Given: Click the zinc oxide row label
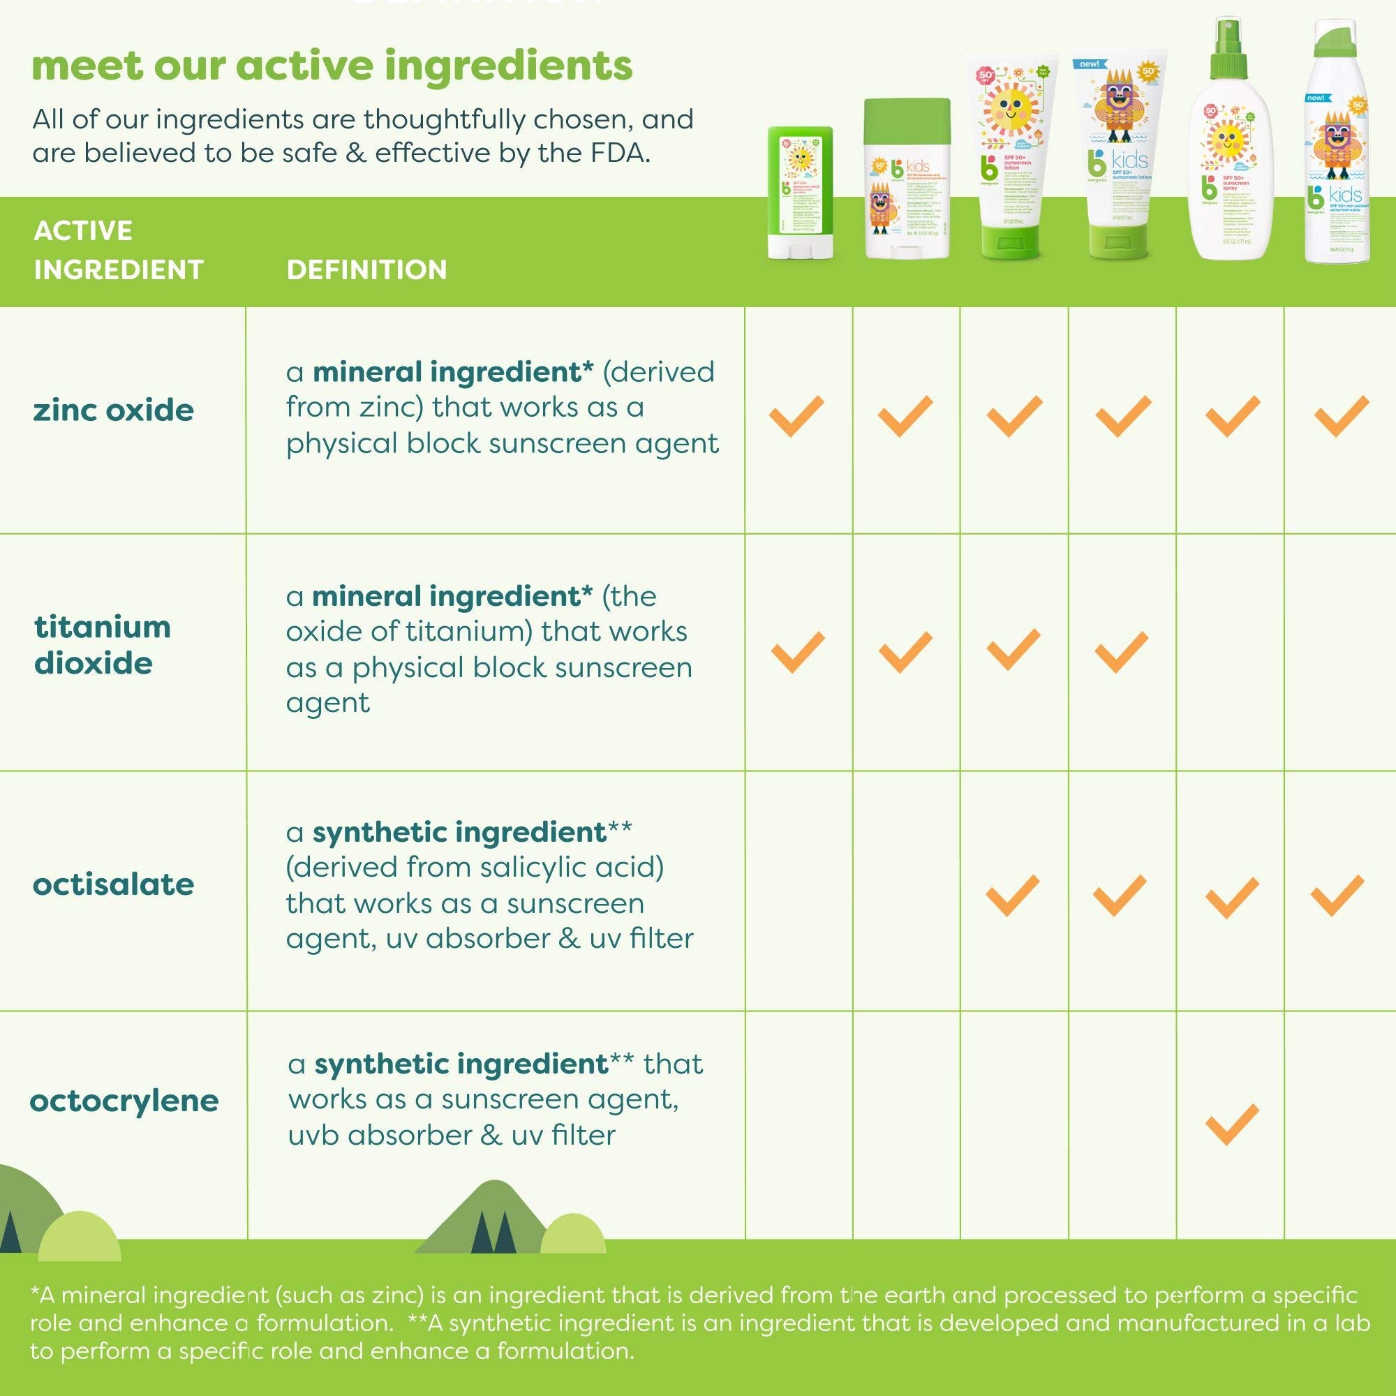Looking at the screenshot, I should (x=114, y=410).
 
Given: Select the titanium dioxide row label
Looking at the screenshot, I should (x=102, y=644).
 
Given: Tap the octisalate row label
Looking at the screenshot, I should (x=114, y=884).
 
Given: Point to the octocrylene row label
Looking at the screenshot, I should (x=124, y=1101).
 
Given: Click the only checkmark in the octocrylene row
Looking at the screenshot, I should (x=1232, y=1124).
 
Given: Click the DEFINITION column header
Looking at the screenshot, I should (x=366, y=269).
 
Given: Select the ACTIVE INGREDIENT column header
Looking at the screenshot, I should (x=118, y=250).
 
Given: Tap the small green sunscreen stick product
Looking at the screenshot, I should (x=800, y=193).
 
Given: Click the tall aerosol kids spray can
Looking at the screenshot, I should (x=1337, y=144).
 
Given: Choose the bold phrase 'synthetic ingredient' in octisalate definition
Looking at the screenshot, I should (x=459, y=832).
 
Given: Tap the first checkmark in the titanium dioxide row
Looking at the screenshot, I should (x=798, y=652).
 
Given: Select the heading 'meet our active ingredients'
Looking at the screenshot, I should (x=332, y=66).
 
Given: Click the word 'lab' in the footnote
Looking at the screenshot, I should (x=1351, y=1322).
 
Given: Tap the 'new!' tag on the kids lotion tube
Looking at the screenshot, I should (x=1089, y=64).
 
